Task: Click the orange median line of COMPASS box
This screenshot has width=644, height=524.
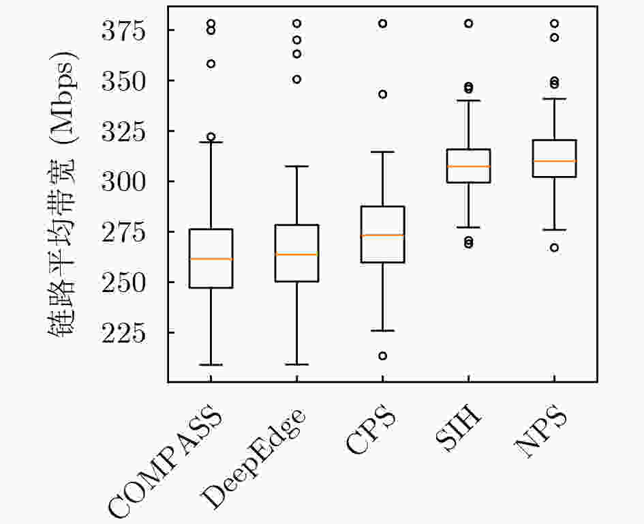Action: point(211,259)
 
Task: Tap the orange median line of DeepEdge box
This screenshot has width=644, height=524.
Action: point(296,254)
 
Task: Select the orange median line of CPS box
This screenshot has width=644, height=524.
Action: point(382,235)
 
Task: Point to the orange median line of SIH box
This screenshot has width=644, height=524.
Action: point(468,166)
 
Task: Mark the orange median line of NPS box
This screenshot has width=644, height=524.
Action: point(555,161)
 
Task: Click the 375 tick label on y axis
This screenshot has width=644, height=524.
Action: point(123,30)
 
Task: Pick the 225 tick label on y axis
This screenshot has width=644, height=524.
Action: point(123,333)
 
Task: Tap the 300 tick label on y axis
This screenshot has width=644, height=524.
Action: point(123,181)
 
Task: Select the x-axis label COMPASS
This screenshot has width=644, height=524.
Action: point(164,461)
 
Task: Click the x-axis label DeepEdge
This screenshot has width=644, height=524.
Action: point(253,458)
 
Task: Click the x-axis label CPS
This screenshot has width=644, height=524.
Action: point(371,430)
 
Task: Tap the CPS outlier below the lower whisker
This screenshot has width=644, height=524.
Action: point(382,355)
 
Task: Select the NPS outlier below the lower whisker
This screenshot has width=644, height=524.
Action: point(555,248)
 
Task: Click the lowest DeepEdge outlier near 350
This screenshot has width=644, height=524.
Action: point(296,79)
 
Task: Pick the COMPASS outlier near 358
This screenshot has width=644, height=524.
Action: point(211,63)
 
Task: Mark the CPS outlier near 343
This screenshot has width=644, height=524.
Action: point(382,95)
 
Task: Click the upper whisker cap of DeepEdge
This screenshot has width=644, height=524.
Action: point(296,166)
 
